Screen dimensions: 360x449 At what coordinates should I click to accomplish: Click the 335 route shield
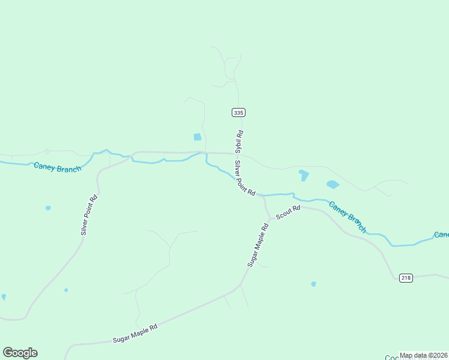(238, 112)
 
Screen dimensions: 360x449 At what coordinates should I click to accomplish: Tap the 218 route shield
(406, 278)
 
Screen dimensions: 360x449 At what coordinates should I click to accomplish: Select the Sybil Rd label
(239, 143)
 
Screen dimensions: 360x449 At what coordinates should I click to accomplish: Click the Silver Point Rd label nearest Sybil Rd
(245, 178)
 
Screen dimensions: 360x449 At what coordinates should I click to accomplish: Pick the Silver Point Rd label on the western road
(89, 215)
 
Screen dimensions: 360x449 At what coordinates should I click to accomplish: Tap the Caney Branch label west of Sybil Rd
(57, 167)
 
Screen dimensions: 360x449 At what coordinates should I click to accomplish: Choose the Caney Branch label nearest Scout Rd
(347, 216)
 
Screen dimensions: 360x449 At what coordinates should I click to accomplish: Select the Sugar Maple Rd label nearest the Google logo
(135, 334)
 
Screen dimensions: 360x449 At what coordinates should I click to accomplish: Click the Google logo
(20, 353)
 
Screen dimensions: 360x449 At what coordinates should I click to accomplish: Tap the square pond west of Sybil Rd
(197, 137)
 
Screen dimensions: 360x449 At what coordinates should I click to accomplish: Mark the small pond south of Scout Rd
(313, 284)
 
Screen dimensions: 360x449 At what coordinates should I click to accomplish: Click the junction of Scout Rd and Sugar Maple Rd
(270, 220)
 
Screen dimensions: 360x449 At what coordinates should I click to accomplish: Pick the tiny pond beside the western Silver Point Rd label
(48, 208)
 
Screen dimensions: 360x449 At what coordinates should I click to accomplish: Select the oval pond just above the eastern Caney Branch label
(333, 184)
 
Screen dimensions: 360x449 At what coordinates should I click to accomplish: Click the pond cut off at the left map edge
(4, 296)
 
